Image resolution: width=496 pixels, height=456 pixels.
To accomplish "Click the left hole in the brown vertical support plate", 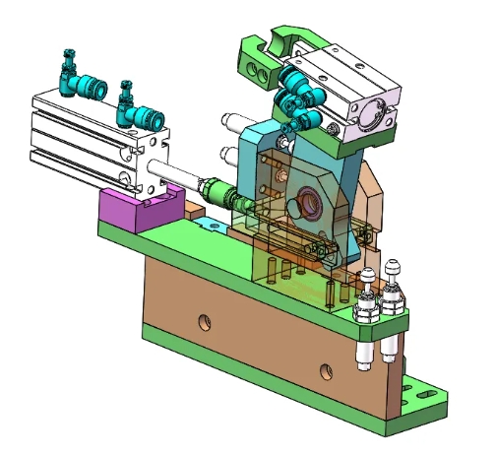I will click(x=204, y=320).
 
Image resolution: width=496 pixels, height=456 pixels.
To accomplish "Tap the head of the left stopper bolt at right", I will click(x=368, y=275).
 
